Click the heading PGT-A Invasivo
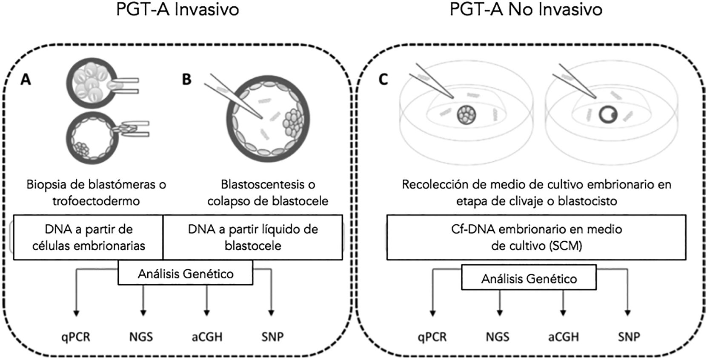tap(177, 10)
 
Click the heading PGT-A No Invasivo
tap(526, 10)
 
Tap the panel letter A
tap(26, 79)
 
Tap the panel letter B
tap(186, 79)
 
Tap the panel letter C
tap(383, 79)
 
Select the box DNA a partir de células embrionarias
tap(89, 237)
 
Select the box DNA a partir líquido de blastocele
tap(253, 237)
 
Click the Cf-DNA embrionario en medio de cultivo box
tap(536, 237)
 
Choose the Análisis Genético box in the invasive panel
tap(186, 273)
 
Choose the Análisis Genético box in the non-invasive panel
tap(529, 279)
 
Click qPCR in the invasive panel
tap(76, 337)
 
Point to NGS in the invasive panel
tap(141, 337)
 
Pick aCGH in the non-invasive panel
tap(564, 337)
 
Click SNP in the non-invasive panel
tap(629, 337)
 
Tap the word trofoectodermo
tap(96, 201)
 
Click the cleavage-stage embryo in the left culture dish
tap(467, 115)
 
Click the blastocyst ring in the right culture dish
tap(608, 114)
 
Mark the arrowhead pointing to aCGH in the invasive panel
tap(207, 313)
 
